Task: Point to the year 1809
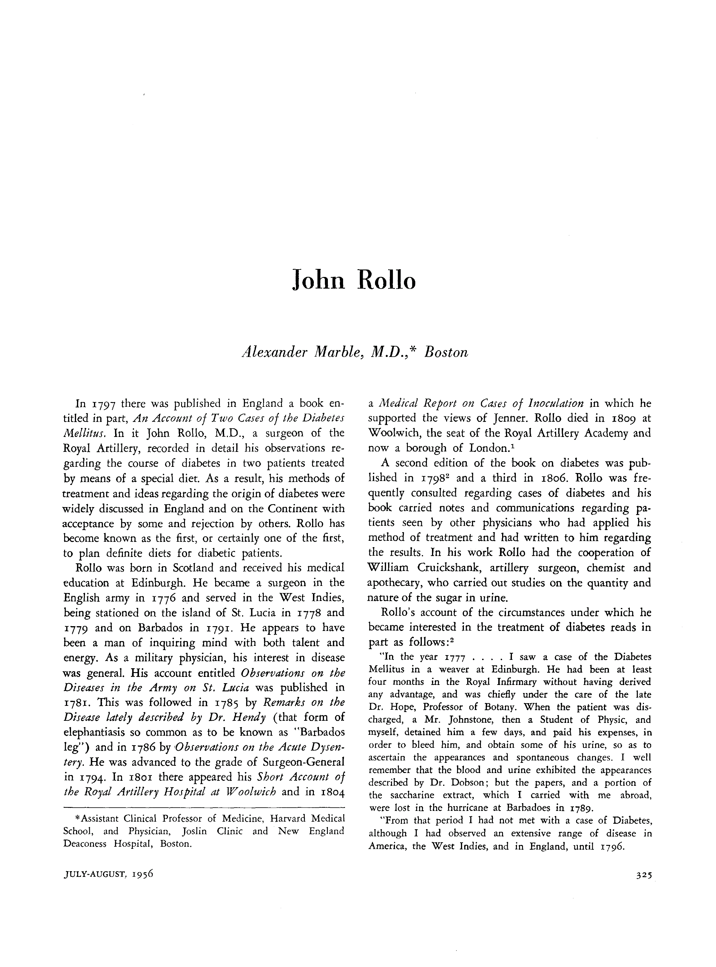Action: pos(615,418)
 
